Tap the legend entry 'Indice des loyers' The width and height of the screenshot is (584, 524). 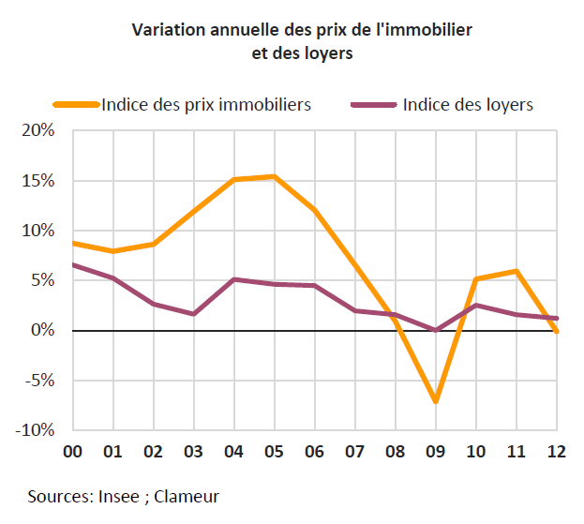tap(467, 104)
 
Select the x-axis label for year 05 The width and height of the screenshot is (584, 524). tap(274, 452)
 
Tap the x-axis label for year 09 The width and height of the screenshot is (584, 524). tap(435, 452)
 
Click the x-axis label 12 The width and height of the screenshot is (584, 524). tap(557, 452)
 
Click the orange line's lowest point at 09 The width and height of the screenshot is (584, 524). tap(435, 401)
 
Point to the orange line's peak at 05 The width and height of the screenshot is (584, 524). tap(274, 176)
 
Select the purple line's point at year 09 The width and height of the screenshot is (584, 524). tap(435, 330)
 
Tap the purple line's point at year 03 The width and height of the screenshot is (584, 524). tap(193, 314)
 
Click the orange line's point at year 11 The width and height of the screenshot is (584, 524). tap(517, 271)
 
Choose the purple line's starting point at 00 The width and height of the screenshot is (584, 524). tap(73, 264)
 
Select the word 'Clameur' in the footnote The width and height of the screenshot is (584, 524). tap(188, 495)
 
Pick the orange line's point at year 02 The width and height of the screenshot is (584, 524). tap(153, 244)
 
